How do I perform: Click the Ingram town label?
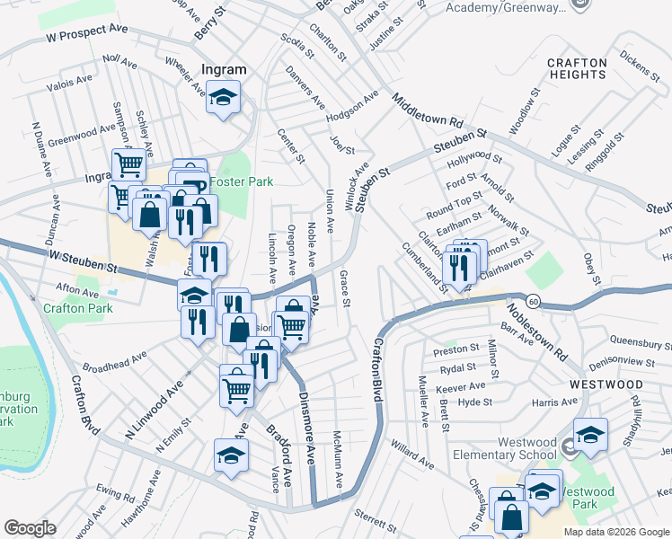tap(224, 69)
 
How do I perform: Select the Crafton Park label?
tap(76, 308)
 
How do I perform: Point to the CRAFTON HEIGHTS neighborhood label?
tap(577, 68)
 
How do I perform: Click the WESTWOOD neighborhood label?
tap(606, 384)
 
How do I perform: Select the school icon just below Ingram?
tap(223, 99)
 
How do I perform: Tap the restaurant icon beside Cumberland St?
tap(459, 267)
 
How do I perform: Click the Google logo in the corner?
tap(30, 528)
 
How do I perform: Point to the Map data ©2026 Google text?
tap(616, 531)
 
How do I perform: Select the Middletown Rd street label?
tap(427, 110)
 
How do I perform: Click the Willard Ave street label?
tap(411, 454)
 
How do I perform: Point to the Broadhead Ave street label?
tap(115, 362)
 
